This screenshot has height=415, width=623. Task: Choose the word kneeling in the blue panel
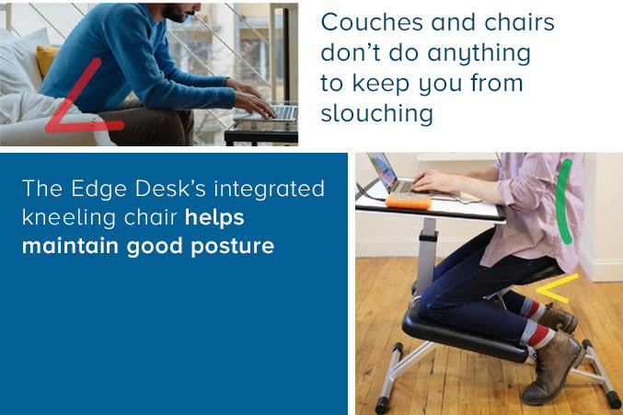[x=67, y=221]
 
